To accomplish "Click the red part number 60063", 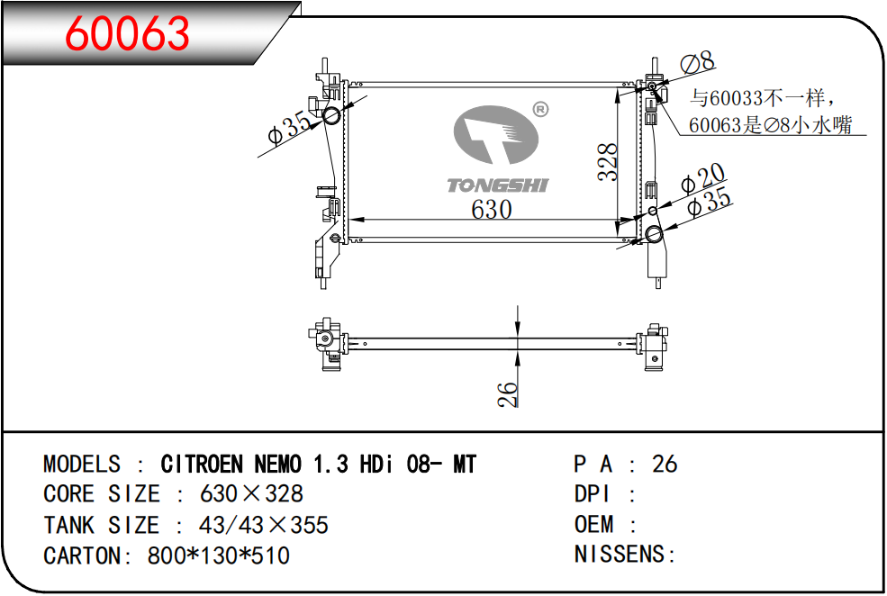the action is pyautogui.click(x=127, y=32).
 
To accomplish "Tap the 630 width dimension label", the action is pyautogui.click(x=492, y=209).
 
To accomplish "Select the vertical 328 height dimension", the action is pyautogui.click(x=608, y=162).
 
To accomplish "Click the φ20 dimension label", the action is pyautogui.click(x=702, y=178).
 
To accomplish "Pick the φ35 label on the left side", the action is pyautogui.click(x=290, y=129).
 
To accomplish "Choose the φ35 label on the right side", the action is pyautogui.click(x=710, y=202).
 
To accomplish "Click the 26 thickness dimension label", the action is pyautogui.click(x=508, y=394).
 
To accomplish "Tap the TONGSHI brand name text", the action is pyautogui.click(x=498, y=185).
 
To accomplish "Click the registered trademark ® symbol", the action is pyautogui.click(x=541, y=109).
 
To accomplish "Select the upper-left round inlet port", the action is pyautogui.click(x=330, y=116).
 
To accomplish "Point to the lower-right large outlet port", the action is pyautogui.click(x=654, y=234).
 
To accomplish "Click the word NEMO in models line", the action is pyautogui.click(x=277, y=465).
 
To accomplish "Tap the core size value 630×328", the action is pyautogui.click(x=252, y=493).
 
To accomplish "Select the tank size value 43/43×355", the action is pyautogui.click(x=264, y=525).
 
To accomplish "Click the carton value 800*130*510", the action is pyautogui.click(x=219, y=555).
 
